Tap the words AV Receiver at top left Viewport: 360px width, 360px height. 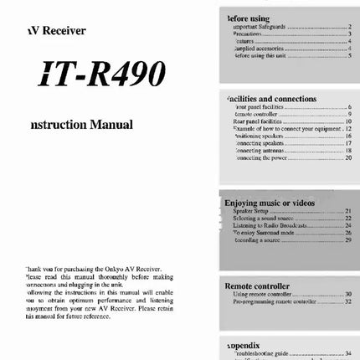(x=56, y=31)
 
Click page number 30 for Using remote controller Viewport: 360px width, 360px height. (x=347, y=294)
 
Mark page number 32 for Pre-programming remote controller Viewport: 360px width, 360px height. (x=347, y=302)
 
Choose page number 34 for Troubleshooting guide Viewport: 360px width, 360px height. (x=347, y=353)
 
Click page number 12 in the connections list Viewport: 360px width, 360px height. (x=347, y=128)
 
